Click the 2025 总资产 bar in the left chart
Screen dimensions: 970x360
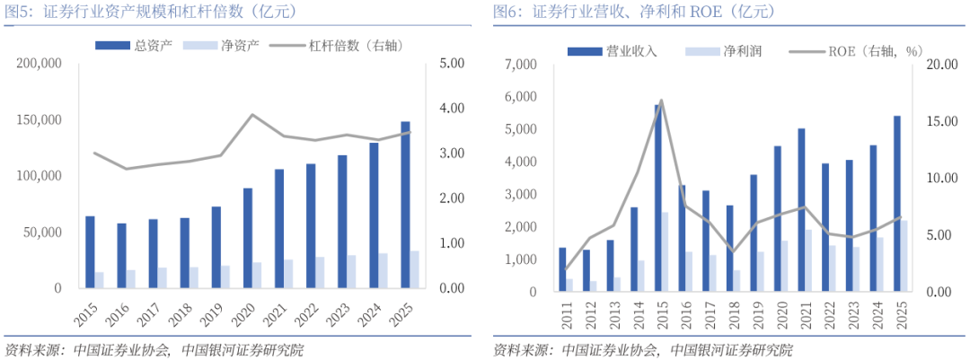406,205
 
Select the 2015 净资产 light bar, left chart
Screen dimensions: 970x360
99,280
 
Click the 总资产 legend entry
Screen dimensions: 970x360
132,45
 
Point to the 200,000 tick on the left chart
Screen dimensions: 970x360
39,64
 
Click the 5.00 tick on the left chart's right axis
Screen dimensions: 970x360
450,64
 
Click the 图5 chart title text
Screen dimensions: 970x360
148,11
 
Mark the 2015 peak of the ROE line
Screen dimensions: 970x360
661,100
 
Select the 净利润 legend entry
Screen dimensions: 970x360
723,50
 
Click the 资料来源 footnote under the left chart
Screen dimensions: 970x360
154,349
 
